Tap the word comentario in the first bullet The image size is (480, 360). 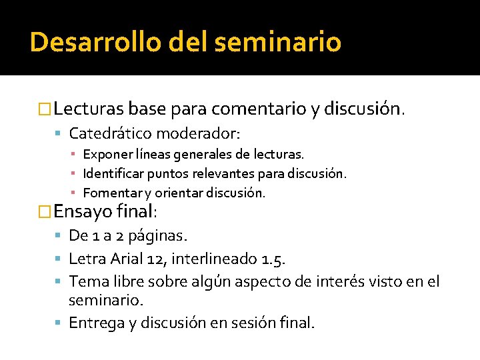tap(256, 108)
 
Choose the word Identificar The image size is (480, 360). tap(110, 174)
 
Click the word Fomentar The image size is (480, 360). tap(107, 193)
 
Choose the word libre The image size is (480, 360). tap(131, 281)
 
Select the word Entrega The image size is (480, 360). tap(97, 323)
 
